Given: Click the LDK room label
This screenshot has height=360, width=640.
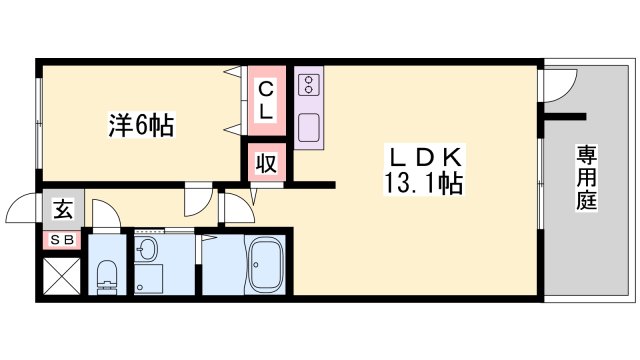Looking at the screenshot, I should pyautogui.click(x=423, y=158).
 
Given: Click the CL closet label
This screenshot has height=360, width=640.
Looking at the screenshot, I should pyautogui.click(x=267, y=100).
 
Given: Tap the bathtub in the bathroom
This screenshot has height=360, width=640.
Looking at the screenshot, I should pyautogui.click(x=266, y=265).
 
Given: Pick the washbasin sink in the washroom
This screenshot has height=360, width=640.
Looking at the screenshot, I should pyautogui.click(x=149, y=249).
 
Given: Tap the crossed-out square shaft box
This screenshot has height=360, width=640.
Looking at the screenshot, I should pyautogui.click(x=61, y=277).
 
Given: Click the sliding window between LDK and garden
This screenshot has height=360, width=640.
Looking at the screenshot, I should pyautogui.click(x=541, y=190).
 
